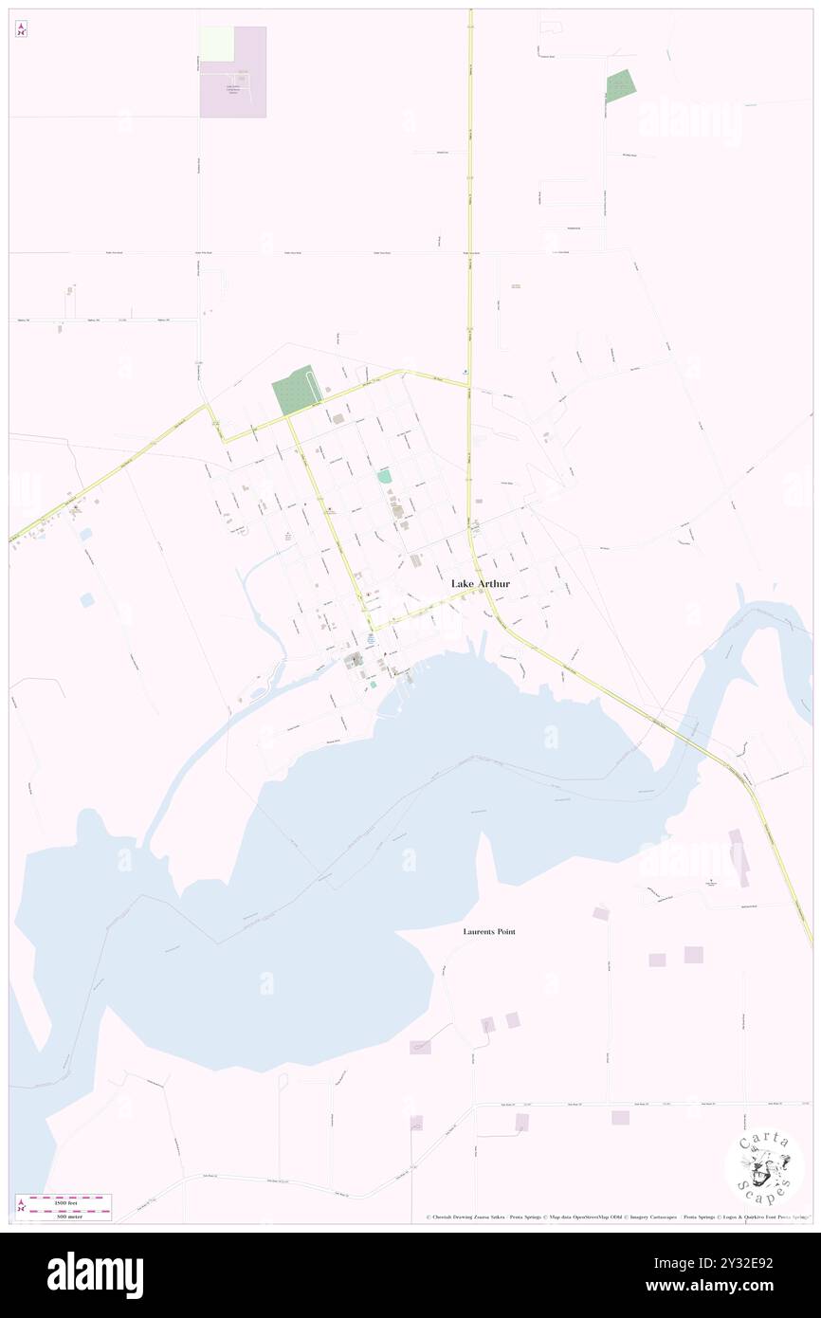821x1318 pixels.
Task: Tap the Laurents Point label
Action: coord(489,932)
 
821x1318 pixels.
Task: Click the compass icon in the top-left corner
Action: coord(21,30)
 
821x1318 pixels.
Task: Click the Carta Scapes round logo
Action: coord(764,1166)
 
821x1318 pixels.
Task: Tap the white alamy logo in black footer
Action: coord(95,1274)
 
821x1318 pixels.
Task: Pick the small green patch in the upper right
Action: coord(621,86)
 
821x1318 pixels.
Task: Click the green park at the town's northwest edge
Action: coord(295,390)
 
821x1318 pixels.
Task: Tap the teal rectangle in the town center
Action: coord(385,476)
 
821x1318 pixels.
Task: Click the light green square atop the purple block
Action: coord(216,44)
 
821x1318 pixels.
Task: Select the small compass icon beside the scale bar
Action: coord(21,1206)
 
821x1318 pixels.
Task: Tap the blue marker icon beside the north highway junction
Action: coord(464,372)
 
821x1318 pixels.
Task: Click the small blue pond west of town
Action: coord(88,600)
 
